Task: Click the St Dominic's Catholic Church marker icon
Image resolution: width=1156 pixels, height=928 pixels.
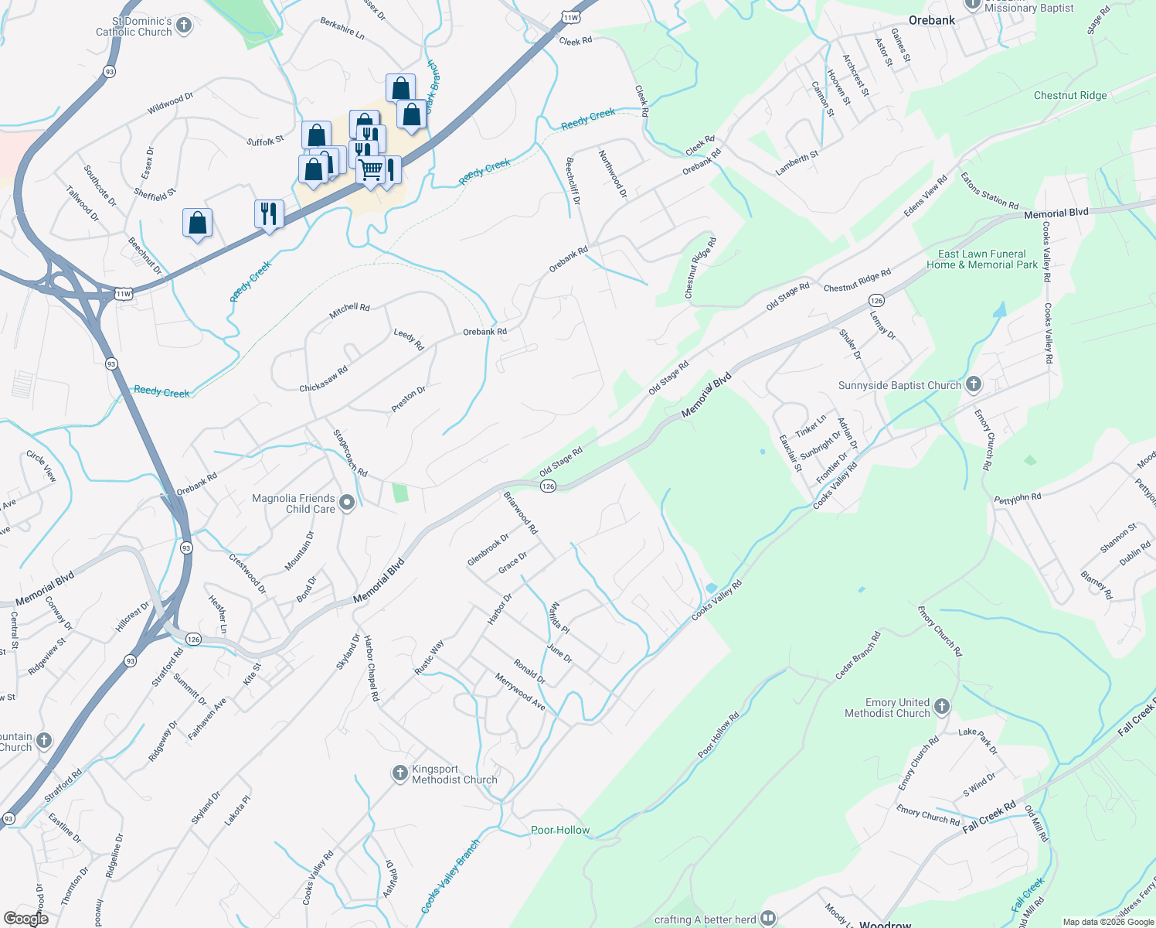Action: (x=184, y=26)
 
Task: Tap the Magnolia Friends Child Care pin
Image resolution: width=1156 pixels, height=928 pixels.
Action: (x=347, y=503)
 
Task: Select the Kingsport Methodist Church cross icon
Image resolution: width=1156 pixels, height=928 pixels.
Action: (x=399, y=773)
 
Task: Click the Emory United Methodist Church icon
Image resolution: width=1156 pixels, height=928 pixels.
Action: (x=941, y=706)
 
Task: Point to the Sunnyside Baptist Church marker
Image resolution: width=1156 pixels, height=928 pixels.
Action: (x=974, y=384)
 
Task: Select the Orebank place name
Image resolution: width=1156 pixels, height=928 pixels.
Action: (x=932, y=20)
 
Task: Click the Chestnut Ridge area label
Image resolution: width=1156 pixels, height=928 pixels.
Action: (x=1070, y=95)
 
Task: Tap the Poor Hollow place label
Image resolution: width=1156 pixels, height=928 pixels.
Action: (x=560, y=830)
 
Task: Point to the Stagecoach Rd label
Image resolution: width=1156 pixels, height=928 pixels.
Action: (x=350, y=453)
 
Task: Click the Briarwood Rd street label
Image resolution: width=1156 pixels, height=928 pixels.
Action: (x=521, y=513)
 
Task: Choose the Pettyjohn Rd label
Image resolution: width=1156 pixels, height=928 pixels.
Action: (x=1018, y=498)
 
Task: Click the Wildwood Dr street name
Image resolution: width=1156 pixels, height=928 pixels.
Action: (x=170, y=104)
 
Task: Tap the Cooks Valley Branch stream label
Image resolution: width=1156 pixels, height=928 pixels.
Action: (x=450, y=876)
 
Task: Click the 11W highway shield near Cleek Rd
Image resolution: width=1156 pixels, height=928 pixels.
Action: (x=571, y=17)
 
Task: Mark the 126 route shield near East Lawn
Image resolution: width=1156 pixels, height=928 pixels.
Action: (x=876, y=300)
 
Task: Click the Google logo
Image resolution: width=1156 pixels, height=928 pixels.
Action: (x=25, y=919)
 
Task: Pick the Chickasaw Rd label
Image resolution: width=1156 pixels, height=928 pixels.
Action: (x=324, y=379)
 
